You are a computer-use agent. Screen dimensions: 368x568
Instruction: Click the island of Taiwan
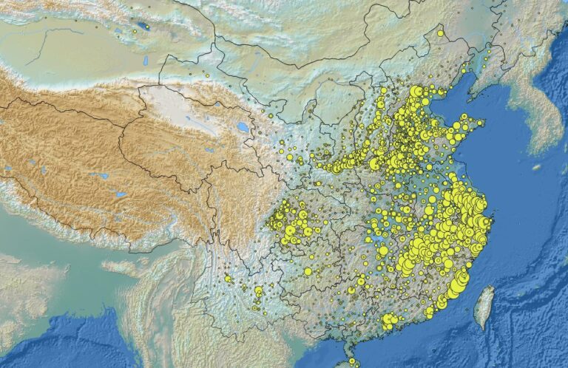(484, 306)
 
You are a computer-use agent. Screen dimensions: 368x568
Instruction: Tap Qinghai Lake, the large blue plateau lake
(243, 127)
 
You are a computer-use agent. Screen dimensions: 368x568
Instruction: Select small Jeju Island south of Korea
(535, 168)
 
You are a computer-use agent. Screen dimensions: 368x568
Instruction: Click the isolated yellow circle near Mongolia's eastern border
(440, 33)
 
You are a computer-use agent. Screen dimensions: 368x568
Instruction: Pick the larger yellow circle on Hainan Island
(352, 361)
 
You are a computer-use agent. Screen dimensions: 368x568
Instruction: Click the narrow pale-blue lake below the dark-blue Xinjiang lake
(146, 61)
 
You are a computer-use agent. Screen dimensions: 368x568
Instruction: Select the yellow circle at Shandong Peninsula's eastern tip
(481, 123)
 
